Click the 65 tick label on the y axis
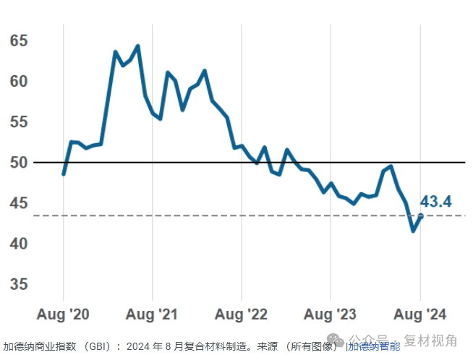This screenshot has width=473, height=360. coord(19,40)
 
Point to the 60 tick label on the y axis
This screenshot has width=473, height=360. coord(19,81)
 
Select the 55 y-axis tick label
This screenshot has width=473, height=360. coord(19,122)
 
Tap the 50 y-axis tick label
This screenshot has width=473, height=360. coord(19,163)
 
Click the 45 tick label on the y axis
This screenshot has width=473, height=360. coord(19,204)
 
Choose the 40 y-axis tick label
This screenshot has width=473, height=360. coord(19,244)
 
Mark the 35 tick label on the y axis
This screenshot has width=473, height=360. coord(19,285)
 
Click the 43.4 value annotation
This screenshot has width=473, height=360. coord(436,202)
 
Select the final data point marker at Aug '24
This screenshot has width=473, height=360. coord(420,216)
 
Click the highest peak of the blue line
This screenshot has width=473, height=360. coord(137,46)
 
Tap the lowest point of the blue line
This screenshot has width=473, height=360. coord(413,231)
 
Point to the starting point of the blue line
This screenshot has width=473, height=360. coord(64,174)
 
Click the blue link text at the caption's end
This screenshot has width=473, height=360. coord(374,346)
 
